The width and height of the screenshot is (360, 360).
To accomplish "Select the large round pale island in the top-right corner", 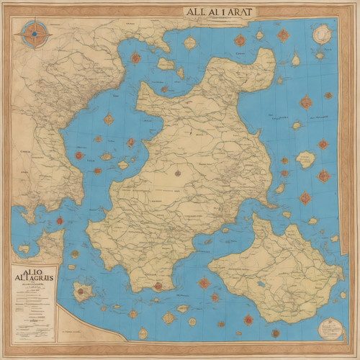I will coord(322,33).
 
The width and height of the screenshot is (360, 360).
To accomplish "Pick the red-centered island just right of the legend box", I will coord(84,292).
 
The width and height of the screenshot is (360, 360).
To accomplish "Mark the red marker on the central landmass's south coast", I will coord(158,285).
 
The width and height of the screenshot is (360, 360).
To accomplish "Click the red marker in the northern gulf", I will coord(135,58).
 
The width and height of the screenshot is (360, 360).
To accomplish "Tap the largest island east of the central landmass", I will coord(305,159).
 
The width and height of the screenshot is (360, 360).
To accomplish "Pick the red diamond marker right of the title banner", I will coord(283,34).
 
